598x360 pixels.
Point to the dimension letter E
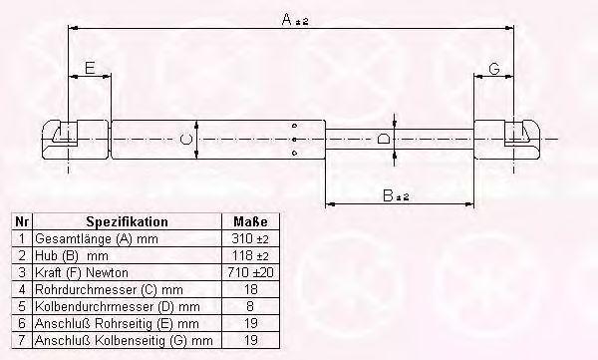(x=90, y=68)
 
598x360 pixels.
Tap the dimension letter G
(x=494, y=69)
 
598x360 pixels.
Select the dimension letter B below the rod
(x=388, y=195)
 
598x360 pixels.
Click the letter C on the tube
(x=185, y=140)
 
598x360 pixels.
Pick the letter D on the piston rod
(x=384, y=139)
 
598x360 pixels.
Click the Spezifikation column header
(x=127, y=221)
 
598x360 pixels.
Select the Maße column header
(x=250, y=221)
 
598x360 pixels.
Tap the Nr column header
(x=22, y=221)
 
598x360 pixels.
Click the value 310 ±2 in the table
(x=250, y=239)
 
